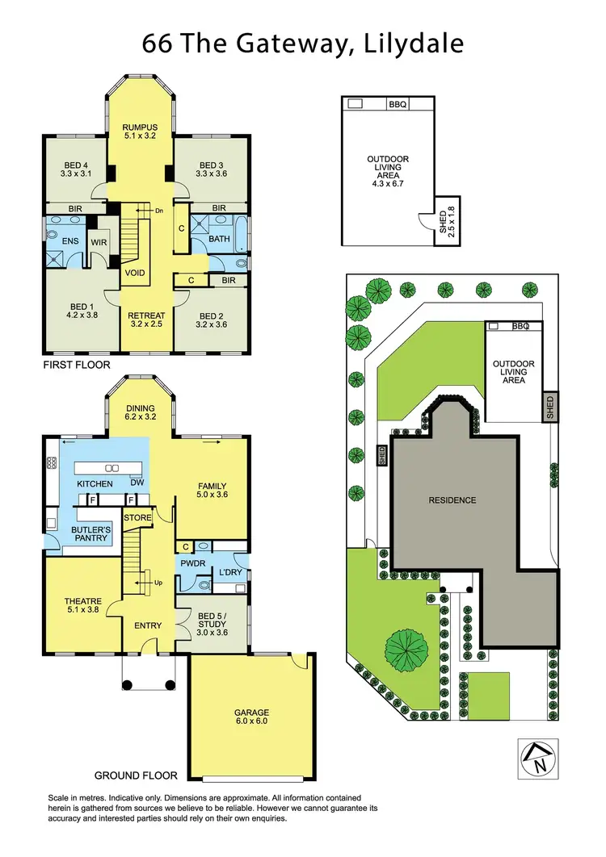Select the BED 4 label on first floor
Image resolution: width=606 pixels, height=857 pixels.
78,165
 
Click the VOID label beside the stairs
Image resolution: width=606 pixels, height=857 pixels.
135,273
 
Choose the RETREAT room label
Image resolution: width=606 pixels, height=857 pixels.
147,316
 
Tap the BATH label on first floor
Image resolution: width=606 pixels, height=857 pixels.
219,239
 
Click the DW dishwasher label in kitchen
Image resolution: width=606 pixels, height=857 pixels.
137,482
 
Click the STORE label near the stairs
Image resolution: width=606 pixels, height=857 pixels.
137,518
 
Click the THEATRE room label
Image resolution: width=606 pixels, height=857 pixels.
82,600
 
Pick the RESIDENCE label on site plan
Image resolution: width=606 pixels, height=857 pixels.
452,500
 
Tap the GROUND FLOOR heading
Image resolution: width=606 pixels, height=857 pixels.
136,775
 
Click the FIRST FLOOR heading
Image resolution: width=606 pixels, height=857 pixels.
77,365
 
